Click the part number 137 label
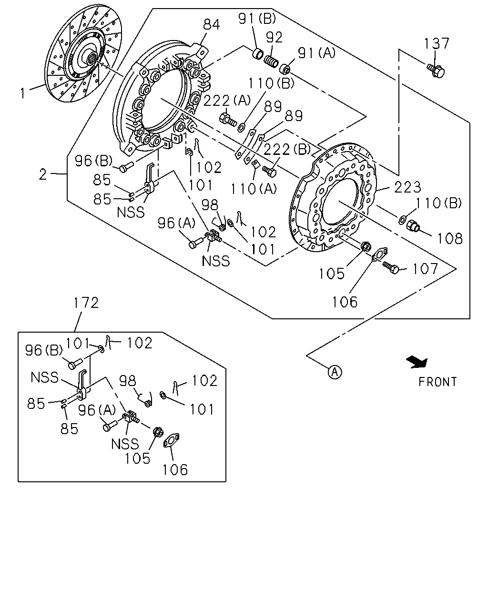point(437,44)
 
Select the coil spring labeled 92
point(271,61)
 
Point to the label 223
point(407,187)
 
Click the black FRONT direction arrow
point(417,363)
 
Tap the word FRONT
point(438,382)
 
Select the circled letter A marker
point(335,372)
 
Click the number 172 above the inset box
point(86,303)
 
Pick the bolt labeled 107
point(391,267)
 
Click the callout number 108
point(450,239)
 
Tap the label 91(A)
point(316,53)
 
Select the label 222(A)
point(227,101)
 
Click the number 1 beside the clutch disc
point(23,93)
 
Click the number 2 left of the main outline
point(43,174)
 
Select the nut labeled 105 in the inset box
point(157,432)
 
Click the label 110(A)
point(254,189)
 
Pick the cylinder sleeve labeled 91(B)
point(257,54)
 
